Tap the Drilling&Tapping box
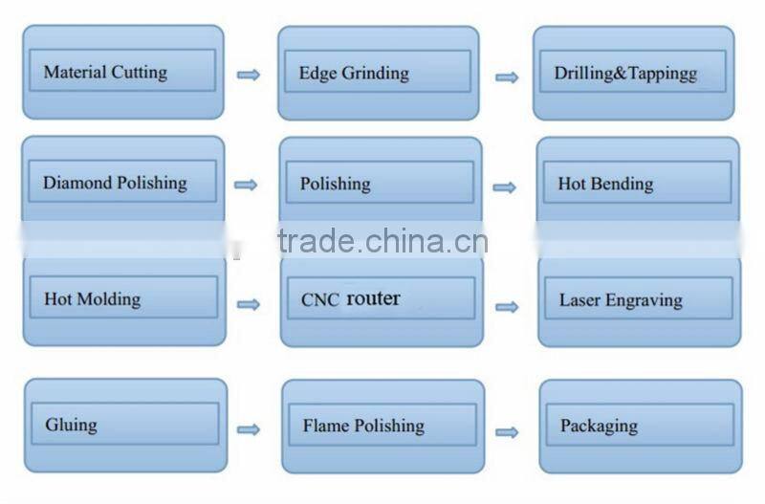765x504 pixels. click(x=633, y=74)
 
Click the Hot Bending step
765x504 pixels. click(x=637, y=184)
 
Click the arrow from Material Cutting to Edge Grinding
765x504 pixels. click(x=249, y=75)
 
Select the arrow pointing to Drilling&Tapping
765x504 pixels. click(x=507, y=77)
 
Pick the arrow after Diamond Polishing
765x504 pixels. click(x=247, y=185)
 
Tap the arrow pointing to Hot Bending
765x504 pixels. click(x=505, y=187)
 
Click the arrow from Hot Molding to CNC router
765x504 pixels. click(x=249, y=304)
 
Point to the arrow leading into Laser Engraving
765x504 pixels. click(x=508, y=307)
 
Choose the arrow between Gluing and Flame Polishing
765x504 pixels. click(x=249, y=429)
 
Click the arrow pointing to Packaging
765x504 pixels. click(x=508, y=432)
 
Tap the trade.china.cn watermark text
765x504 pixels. click(x=382, y=241)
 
